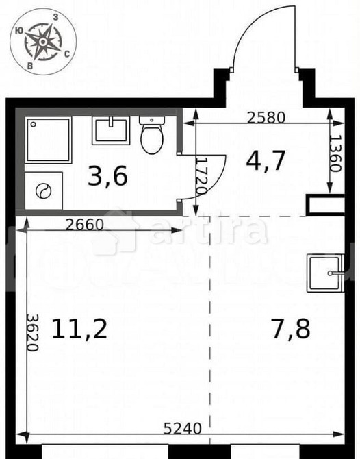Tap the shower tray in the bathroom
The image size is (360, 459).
49,140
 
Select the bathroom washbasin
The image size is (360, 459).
111,130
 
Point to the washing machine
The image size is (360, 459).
43,190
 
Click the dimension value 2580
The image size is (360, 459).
266,118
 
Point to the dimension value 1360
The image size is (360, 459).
335,155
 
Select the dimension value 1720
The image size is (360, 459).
200,176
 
